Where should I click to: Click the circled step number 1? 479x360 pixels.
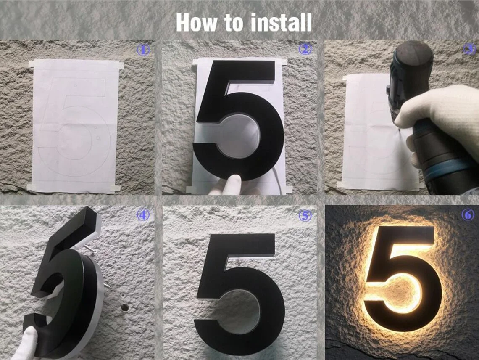pos(143,50)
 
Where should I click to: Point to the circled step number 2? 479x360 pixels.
pos(305,49)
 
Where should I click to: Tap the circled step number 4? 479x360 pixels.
pos(143,215)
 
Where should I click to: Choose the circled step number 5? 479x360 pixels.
pos(305,215)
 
